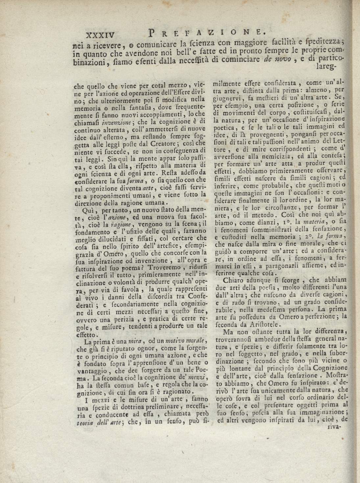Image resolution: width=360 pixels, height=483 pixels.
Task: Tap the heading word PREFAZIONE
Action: point(206,32)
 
